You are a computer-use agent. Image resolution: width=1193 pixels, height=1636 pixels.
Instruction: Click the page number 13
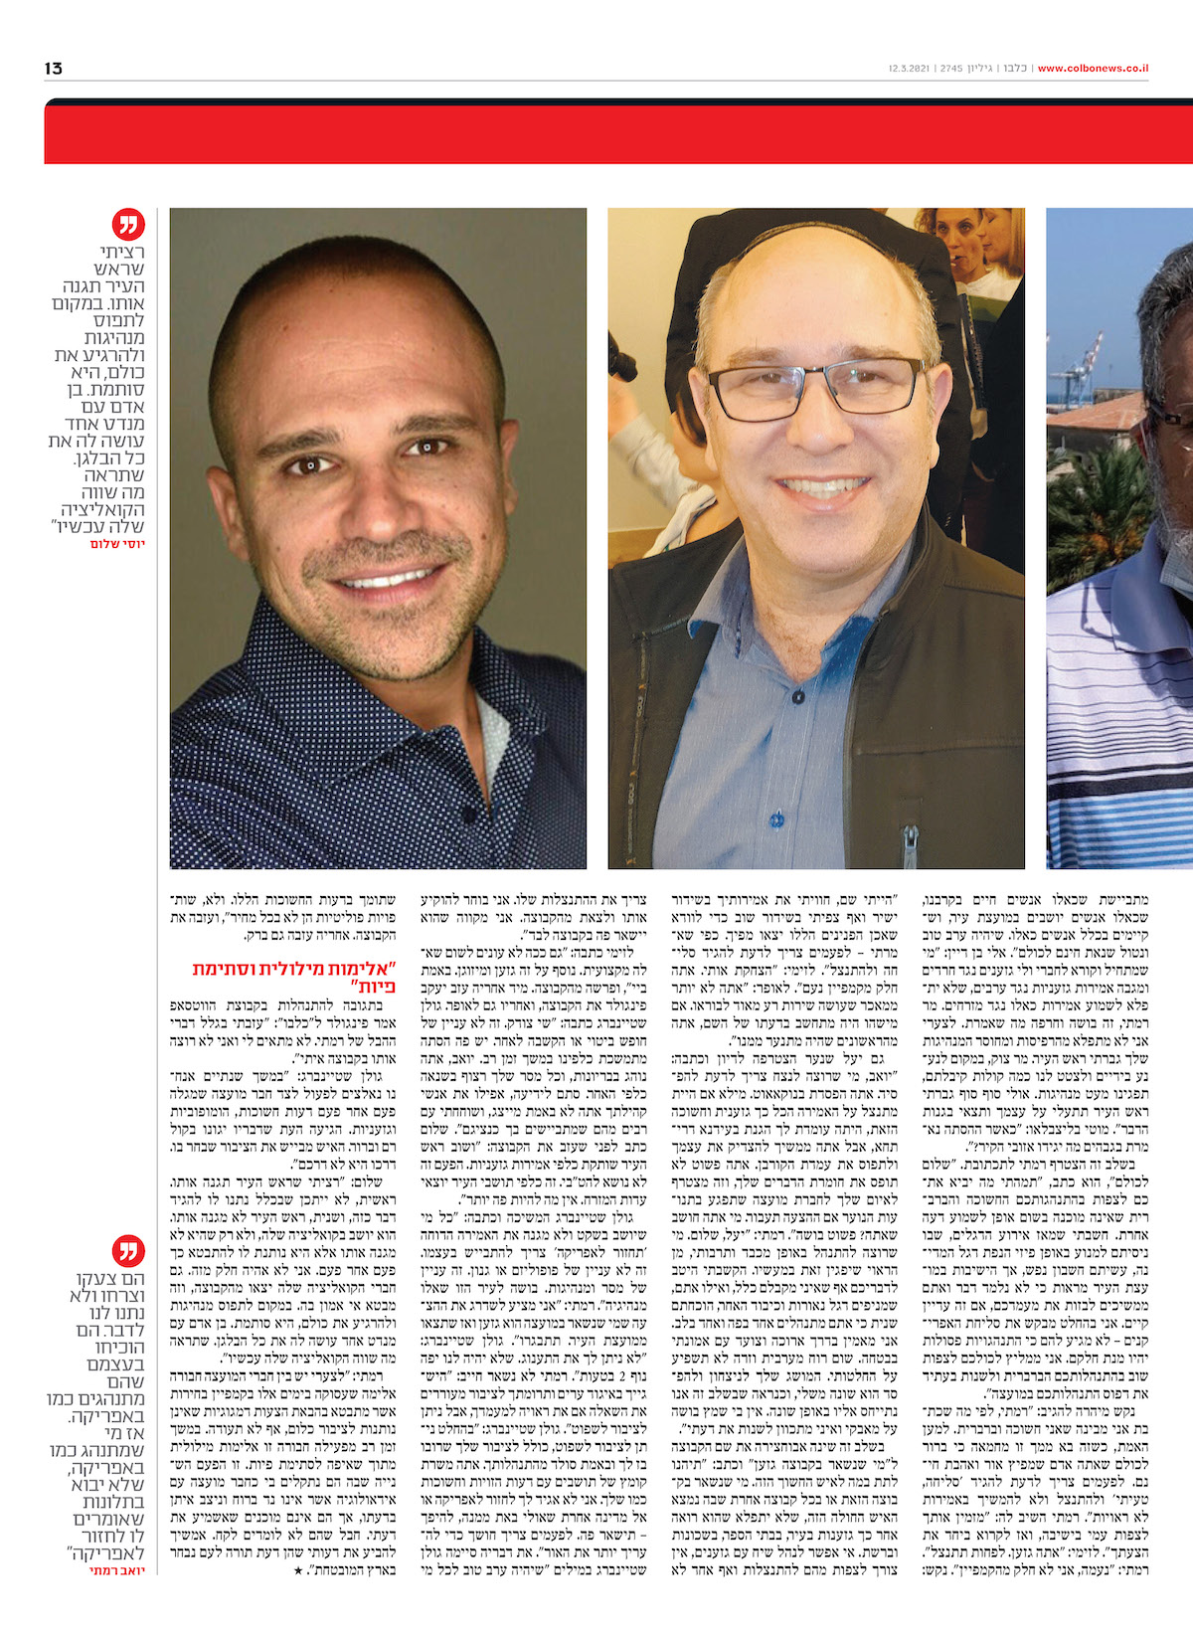(x=54, y=68)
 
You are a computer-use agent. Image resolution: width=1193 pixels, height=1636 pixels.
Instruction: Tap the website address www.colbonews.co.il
(x=1093, y=69)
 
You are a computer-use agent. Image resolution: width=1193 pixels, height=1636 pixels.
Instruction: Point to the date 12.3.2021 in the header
(x=910, y=69)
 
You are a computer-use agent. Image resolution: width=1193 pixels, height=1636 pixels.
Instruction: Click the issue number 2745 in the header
(x=950, y=69)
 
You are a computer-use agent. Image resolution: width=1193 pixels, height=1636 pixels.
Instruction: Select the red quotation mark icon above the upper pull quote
(x=129, y=226)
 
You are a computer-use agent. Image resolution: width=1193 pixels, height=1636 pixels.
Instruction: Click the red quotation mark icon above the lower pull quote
(x=129, y=1250)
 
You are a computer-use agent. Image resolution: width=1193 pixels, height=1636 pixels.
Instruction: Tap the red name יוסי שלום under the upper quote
(x=117, y=544)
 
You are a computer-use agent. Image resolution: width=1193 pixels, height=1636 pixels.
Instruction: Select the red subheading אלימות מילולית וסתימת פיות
(x=295, y=978)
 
